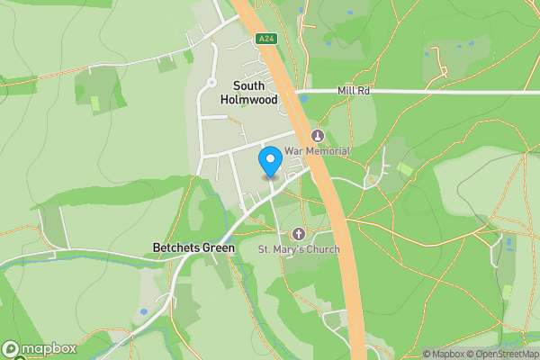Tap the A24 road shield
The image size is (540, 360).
pos(265,39)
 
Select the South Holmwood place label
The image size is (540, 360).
pos(248,94)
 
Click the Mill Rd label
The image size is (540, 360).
pos(354,91)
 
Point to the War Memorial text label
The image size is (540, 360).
pos(317,151)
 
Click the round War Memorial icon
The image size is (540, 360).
pos(317,135)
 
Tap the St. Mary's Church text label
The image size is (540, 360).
pos(300,248)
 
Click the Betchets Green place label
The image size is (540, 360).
pos(193,247)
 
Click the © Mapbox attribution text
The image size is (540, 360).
pos(443,354)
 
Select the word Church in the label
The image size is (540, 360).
pos(322,248)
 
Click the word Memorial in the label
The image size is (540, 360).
pos(326,151)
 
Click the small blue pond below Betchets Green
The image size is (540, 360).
pos(144,312)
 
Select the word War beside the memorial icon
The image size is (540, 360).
pos(292,151)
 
